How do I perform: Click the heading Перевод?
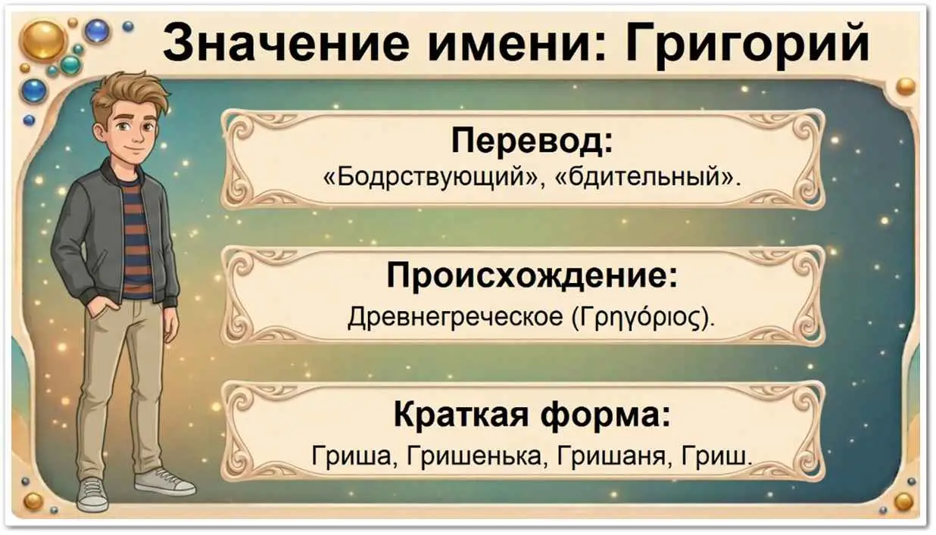(x=532, y=142)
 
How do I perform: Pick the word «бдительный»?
(x=647, y=178)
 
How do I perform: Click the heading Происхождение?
(x=532, y=276)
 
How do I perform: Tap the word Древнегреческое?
(x=455, y=317)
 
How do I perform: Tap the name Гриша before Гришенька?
(x=351, y=456)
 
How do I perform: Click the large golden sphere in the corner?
(x=44, y=40)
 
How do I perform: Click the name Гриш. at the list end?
(x=716, y=456)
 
